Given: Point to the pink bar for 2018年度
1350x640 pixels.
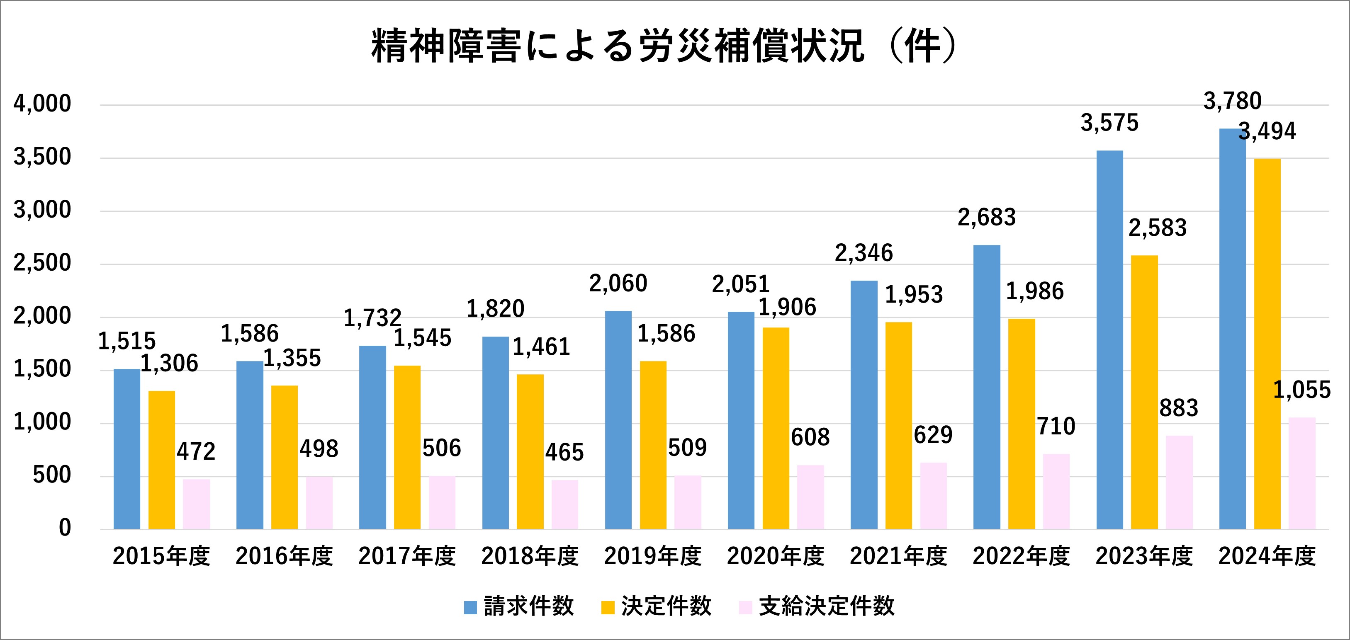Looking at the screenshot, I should (564, 504).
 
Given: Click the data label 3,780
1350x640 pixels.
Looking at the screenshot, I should (1232, 101).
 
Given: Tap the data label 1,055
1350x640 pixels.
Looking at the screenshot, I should (1302, 390).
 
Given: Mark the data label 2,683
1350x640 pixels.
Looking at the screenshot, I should (986, 217).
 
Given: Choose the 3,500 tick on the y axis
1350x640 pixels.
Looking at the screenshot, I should (42, 157).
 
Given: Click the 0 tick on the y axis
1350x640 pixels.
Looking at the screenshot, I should (64, 528).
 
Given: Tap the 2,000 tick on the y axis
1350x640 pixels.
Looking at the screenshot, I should (42, 316).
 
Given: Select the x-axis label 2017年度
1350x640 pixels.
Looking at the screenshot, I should (407, 556).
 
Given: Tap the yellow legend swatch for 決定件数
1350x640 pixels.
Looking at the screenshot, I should (608, 608).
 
